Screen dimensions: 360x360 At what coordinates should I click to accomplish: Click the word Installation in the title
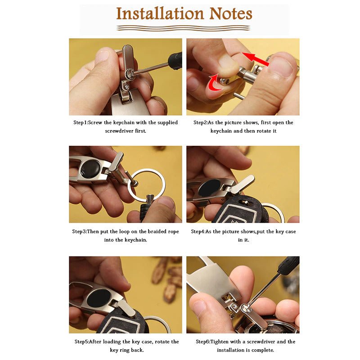click(x=160, y=14)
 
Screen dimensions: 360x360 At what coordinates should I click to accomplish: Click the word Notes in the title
click(x=231, y=14)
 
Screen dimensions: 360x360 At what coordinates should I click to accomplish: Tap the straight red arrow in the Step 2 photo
click(x=255, y=58)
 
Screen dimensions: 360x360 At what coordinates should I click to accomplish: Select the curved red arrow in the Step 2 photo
click(x=215, y=82)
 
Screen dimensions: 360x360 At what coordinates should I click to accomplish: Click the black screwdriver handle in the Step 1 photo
click(x=175, y=60)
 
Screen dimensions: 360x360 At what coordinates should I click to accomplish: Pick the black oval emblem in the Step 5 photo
click(x=99, y=298)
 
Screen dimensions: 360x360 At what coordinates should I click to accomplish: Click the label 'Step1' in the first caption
click(x=80, y=122)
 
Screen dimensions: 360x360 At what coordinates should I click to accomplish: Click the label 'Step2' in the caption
click(x=200, y=122)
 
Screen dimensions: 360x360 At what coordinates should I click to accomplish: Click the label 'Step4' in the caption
click(x=198, y=231)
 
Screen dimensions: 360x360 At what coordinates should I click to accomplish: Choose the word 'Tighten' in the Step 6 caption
click(x=219, y=342)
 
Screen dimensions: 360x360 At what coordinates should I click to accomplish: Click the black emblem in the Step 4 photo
click(x=209, y=188)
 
